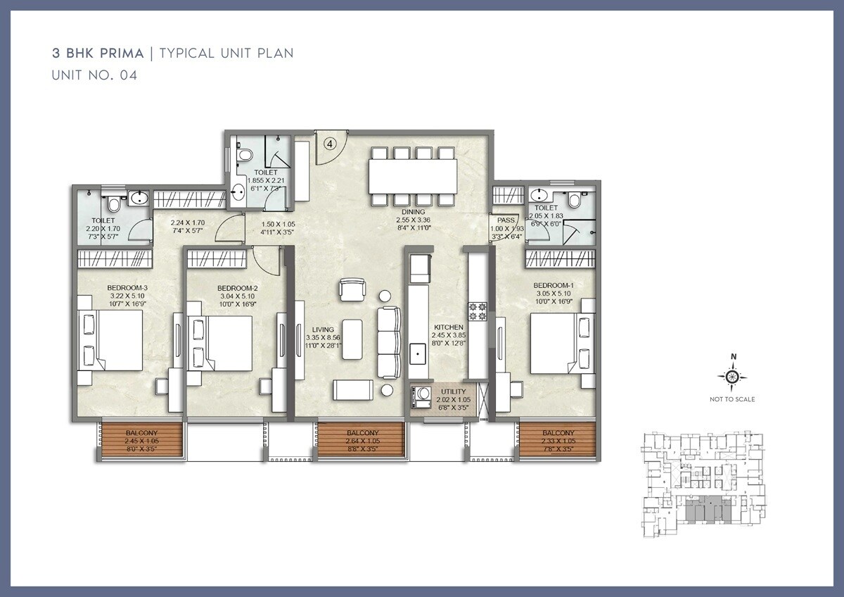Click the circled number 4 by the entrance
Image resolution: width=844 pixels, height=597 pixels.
(x=331, y=142)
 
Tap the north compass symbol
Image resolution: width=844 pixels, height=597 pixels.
(x=732, y=377)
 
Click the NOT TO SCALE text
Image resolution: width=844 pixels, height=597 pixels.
(x=732, y=400)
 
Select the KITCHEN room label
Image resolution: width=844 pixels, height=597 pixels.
(x=448, y=327)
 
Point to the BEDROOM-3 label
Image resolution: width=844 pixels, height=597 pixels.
(x=127, y=287)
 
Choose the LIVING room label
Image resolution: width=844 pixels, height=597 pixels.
(x=324, y=329)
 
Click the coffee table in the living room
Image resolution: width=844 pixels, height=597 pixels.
(x=352, y=339)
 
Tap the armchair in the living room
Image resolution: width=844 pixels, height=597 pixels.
(x=352, y=290)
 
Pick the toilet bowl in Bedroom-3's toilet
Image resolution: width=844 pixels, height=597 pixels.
(x=113, y=204)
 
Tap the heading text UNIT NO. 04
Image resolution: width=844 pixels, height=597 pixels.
(x=94, y=75)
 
